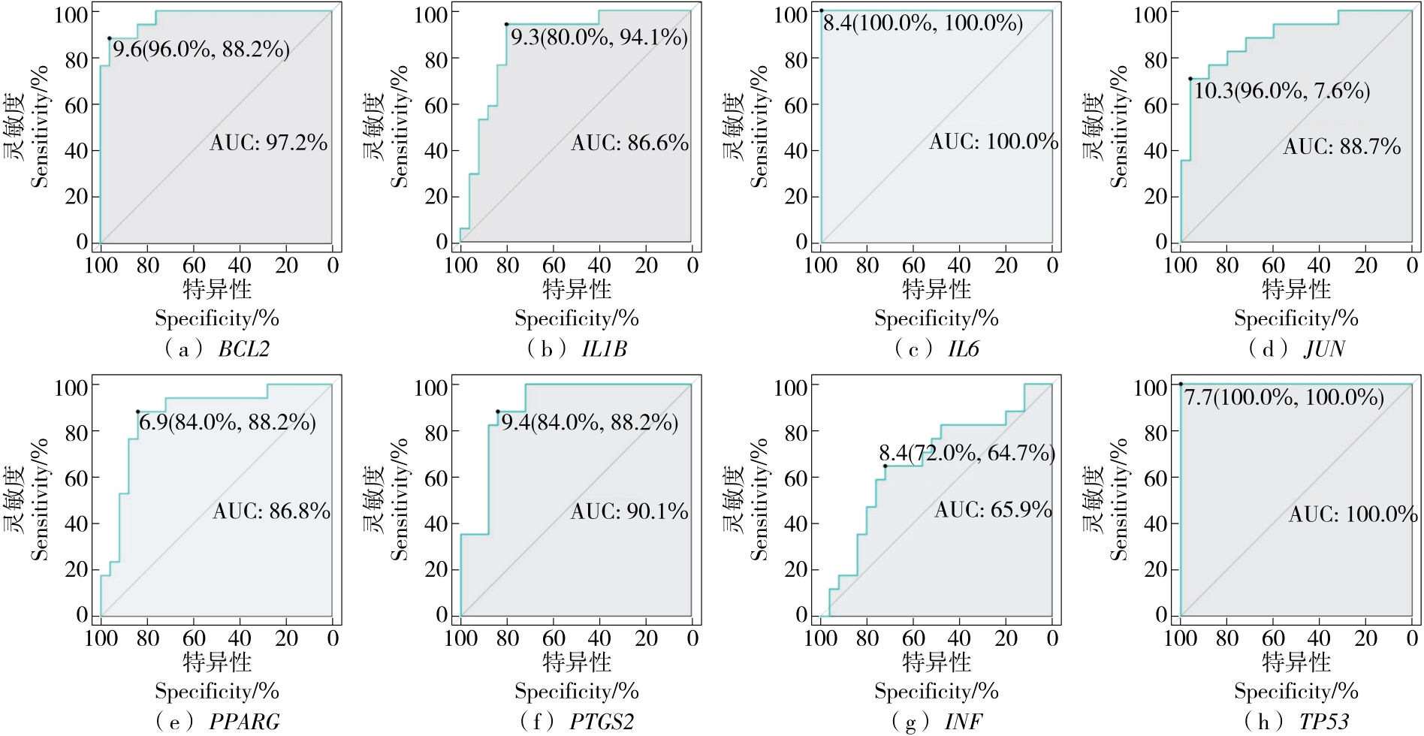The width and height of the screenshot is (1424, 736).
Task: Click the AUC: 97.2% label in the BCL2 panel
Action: (269, 143)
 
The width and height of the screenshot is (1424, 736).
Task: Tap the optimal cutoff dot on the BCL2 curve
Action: (110, 38)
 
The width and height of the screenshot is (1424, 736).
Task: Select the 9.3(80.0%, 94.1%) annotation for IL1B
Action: (599, 38)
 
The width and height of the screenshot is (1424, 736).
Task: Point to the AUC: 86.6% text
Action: (629, 143)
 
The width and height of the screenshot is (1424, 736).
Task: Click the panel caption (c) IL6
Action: (937, 348)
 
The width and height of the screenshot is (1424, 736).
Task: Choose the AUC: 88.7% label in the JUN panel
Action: (1341, 146)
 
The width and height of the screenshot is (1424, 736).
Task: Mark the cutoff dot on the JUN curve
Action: (1190, 79)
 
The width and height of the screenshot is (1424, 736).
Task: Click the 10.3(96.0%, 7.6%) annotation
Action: (1282, 92)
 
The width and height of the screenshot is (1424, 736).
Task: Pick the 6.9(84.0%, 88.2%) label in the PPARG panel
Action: (227, 422)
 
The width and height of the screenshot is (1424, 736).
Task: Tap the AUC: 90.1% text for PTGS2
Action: (629, 512)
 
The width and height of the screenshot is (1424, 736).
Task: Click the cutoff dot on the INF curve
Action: (885, 466)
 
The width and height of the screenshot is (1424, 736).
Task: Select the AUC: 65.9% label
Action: (993, 510)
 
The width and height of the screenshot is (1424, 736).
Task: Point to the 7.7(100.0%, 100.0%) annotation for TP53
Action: (1284, 397)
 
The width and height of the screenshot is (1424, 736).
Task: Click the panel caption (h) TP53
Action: (1296, 722)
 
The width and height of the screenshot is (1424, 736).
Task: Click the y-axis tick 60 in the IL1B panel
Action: (436, 105)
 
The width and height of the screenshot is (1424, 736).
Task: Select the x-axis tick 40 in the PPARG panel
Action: (240, 638)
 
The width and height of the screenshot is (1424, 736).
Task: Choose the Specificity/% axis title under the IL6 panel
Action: (936, 318)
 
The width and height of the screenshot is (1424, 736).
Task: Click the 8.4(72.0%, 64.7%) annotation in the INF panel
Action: (967, 453)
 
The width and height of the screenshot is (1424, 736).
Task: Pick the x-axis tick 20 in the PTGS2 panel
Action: (646, 638)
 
